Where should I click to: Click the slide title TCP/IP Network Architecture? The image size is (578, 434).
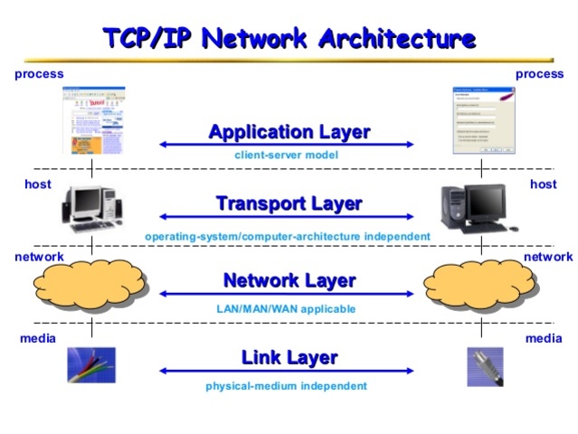click(289, 39)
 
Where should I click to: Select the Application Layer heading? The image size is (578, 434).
click(289, 132)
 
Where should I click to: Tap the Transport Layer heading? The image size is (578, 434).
click(289, 203)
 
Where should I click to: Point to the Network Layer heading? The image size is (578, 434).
click(289, 280)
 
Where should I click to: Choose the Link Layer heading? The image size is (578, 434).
click(289, 357)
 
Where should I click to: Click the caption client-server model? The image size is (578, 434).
click(286, 156)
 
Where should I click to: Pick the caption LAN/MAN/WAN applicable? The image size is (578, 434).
click(286, 308)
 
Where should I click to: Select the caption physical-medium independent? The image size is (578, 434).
click(286, 386)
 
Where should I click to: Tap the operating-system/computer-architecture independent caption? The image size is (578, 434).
click(287, 236)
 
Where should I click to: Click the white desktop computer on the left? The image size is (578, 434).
click(90, 209)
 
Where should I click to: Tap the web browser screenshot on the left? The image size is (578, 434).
click(92, 120)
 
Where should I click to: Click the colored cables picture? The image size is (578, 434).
click(91, 365)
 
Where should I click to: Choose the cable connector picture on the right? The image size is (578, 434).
click(484, 367)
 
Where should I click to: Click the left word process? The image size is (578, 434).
click(39, 74)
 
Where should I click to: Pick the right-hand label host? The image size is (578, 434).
click(543, 184)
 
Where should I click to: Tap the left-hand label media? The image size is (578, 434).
click(37, 338)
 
